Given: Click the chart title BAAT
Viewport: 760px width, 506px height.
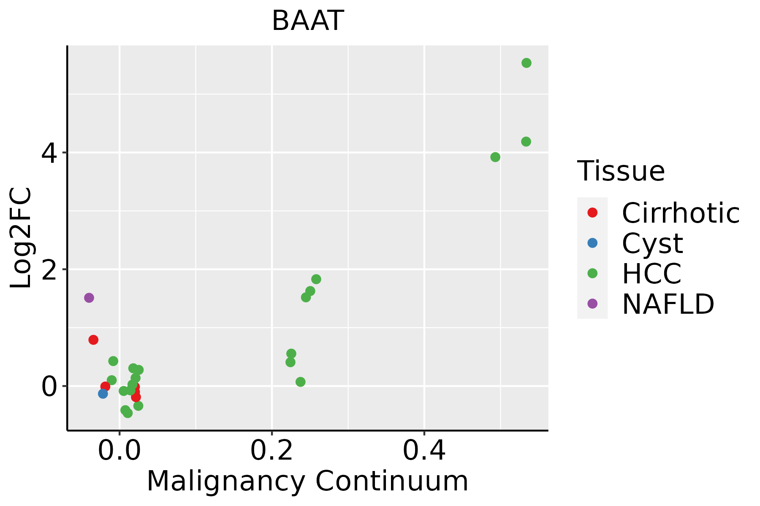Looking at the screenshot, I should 307,21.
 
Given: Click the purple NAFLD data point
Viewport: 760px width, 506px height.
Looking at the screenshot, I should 89,298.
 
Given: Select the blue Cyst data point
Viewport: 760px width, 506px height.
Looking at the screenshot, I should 103,394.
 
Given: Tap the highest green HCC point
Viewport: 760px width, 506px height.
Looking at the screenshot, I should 526,63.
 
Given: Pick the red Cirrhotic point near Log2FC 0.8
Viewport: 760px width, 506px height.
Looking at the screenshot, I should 93,340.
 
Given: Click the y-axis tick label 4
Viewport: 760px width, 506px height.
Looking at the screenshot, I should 49,153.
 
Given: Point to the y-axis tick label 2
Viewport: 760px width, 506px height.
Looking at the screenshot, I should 49,269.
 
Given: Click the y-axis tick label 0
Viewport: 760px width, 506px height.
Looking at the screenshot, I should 49,386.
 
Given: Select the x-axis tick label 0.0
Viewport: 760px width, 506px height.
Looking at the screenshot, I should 119,451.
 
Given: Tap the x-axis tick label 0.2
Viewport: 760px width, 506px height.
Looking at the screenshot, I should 272,451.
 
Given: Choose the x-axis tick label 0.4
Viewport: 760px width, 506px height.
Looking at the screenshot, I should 424,451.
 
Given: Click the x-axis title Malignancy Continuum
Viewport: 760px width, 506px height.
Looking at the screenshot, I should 307,482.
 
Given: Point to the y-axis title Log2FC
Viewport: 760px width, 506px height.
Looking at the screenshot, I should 21,238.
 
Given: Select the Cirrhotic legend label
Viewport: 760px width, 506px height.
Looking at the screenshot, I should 681,213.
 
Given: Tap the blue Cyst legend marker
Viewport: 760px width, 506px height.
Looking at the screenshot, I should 592,243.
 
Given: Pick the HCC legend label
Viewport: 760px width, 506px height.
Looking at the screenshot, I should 651,273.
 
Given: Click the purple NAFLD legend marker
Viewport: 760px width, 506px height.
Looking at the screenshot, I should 592,303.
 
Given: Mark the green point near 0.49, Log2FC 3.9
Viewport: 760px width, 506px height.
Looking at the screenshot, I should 495,157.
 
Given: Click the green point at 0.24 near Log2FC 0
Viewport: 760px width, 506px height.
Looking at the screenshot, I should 300,382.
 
